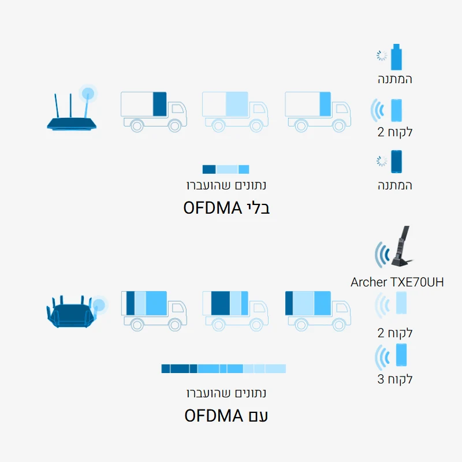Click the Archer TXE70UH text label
tap(397, 282)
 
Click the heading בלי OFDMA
tap(227, 207)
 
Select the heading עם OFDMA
tap(226, 415)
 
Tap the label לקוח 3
tap(396, 379)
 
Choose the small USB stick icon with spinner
tap(396, 57)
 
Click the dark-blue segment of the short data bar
tap(208, 169)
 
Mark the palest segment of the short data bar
tap(227, 169)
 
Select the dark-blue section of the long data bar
tap(179, 368)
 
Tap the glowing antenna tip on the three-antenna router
tap(88, 92)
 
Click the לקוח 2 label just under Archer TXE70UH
tap(396, 333)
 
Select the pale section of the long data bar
tap(264, 368)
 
